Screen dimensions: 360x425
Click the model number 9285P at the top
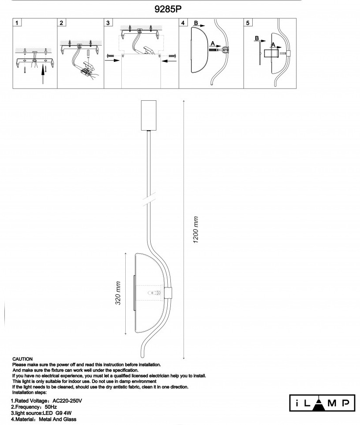click(x=168, y=9)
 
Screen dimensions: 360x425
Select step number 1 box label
click(x=17, y=23)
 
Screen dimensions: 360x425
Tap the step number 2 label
click(x=61, y=23)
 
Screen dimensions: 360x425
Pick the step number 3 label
click(x=108, y=23)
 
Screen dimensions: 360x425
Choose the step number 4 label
click(x=183, y=23)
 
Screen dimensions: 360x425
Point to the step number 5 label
click(x=248, y=23)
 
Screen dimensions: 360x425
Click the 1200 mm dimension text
click(x=196, y=230)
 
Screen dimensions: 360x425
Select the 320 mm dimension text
click(x=118, y=293)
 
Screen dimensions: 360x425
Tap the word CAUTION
click(x=22, y=359)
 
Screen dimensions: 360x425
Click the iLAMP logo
click(x=322, y=403)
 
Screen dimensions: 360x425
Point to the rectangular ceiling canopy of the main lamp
click(x=149, y=116)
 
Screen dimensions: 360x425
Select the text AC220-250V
click(x=67, y=401)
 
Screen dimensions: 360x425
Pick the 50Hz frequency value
click(x=51, y=407)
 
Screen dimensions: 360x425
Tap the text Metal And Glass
click(x=57, y=419)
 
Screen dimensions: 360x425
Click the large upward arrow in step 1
click(x=42, y=74)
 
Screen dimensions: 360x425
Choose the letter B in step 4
click(x=196, y=23)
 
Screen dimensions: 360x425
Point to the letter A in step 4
click(x=213, y=43)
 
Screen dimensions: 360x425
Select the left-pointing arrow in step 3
click(x=168, y=61)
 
